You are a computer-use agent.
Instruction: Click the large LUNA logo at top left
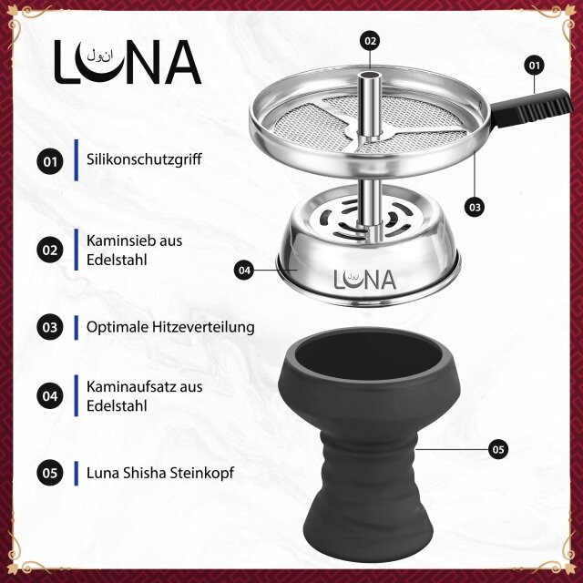(x=127, y=62)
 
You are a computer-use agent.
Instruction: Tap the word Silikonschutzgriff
(x=143, y=159)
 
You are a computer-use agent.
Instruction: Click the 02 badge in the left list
(x=50, y=250)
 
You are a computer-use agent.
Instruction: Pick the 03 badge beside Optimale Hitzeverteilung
(x=50, y=326)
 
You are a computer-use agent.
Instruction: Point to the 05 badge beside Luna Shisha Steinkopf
(x=50, y=473)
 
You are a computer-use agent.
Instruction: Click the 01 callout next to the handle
(x=534, y=66)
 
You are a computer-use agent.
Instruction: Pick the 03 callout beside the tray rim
(x=474, y=206)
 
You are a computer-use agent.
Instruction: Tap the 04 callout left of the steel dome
(x=244, y=270)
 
